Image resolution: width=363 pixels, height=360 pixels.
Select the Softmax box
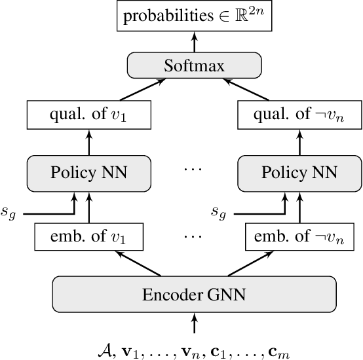194,66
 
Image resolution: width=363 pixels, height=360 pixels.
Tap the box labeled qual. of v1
88,115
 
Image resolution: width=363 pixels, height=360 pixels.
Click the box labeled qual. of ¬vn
299,115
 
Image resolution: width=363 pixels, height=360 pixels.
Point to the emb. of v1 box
88,236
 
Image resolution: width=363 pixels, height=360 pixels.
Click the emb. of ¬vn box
299,236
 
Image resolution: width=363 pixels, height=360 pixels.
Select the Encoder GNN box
194,295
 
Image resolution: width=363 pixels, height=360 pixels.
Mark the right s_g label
220,211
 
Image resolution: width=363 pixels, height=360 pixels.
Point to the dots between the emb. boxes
194,233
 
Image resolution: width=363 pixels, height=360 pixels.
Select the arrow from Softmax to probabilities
194,41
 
